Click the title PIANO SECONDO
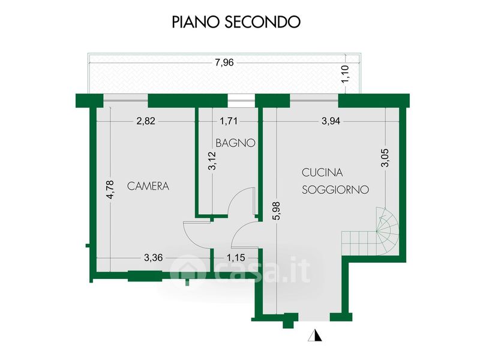pyautogui.click(x=236, y=22)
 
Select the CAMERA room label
pyautogui.click(x=148, y=186)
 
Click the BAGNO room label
pyautogui.click(x=236, y=143)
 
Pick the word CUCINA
pyautogui.click(x=322, y=173)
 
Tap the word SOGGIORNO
pyautogui.click(x=335, y=189)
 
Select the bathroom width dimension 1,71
pyautogui.click(x=229, y=121)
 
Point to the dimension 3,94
pyautogui.click(x=331, y=121)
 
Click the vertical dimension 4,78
pyautogui.click(x=110, y=192)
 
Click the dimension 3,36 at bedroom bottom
pyautogui.click(x=154, y=259)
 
